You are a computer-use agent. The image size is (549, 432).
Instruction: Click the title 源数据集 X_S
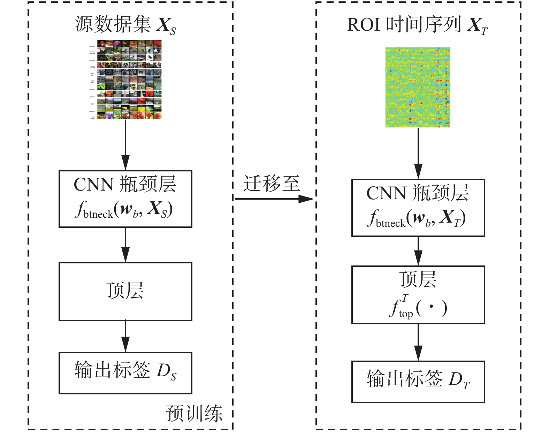click(x=125, y=25)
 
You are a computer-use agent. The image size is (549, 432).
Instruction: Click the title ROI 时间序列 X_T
click(x=417, y=25)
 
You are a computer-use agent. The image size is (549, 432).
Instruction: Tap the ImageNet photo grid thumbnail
click(x=125, y=79)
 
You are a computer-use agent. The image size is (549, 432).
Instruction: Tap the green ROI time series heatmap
click(x=418, y=87)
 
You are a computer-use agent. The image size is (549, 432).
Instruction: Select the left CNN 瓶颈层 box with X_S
click(x=125, y=199)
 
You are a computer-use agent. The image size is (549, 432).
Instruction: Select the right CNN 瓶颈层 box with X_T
click(x=418, y=208)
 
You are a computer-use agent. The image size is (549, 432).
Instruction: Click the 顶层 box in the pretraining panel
click(x=125, y=291)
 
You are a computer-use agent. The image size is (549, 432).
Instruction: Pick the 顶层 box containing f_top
click(x=418, y=295)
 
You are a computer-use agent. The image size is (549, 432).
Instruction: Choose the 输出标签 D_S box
click(x=125, y=373)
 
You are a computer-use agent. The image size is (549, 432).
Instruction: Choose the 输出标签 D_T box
click(x=418, y=381)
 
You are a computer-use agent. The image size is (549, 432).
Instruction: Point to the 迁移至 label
click(x=271, y=184)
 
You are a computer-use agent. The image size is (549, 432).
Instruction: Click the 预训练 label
click(x=194, y=414)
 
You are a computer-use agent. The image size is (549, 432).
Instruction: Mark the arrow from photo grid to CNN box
click(x=125, y=145)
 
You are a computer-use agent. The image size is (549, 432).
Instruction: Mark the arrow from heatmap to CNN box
click(x=418, y=153)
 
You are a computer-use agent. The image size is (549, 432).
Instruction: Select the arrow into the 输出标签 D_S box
click(x=125, y=337)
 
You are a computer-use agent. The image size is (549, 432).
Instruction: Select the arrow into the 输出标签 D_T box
click(x=418, y=342)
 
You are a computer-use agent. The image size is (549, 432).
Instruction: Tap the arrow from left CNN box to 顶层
click(x=125, y=245)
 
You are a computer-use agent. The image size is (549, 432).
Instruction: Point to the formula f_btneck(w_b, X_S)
click(x=124, y=210)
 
